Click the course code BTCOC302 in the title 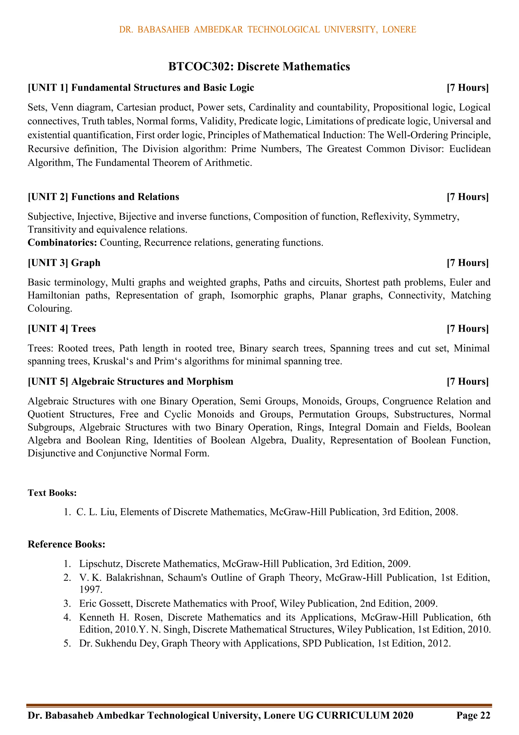click(201, 67)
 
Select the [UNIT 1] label click(48, 88)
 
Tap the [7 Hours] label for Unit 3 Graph click(468, 263)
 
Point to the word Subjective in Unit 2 click(51, 217)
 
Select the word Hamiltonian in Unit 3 click(53, 295)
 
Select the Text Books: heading click(52, 493)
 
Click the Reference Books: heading click(67, 544)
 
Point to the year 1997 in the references click(91, 589)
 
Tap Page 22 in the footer click(473, 715)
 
